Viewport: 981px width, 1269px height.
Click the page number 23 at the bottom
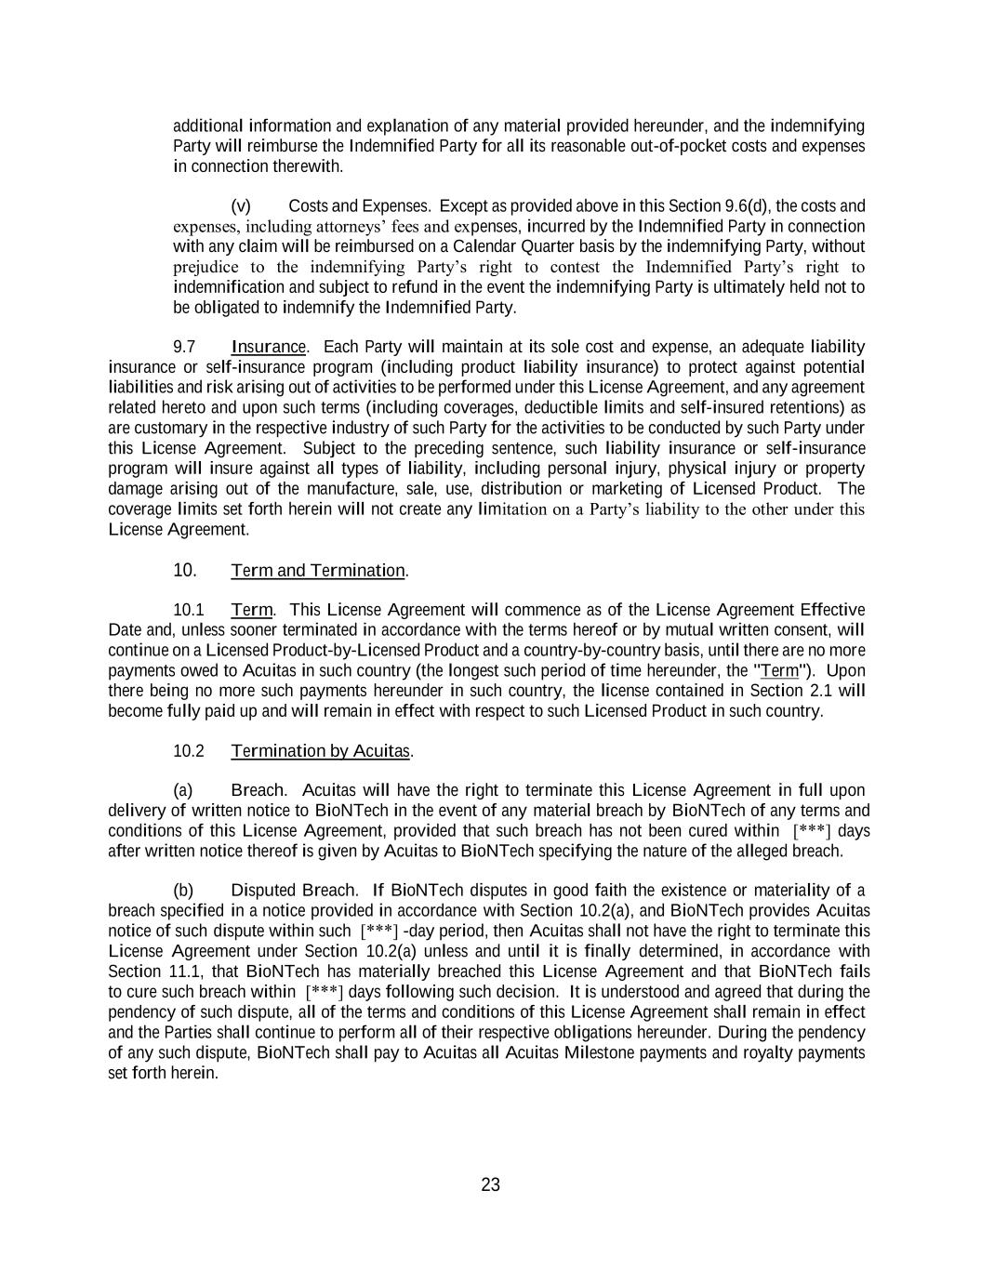(490, 1184)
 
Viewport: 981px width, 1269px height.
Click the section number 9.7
(184, 347)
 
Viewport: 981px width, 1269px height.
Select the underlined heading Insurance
(268, 347)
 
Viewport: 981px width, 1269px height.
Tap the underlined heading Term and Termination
(318, 570)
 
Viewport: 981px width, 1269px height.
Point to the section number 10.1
(188, 610)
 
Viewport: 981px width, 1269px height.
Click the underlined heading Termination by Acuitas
(320, 750)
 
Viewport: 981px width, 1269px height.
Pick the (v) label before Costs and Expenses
(240, 205)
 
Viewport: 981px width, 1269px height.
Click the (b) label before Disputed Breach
(183, 890)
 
